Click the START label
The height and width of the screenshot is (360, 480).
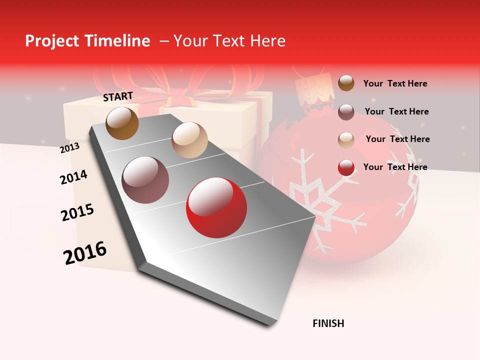118,96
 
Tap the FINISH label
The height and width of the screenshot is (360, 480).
328,323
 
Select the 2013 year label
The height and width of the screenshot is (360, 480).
69,148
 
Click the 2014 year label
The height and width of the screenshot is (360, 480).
73,177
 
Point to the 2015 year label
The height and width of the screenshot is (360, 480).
77,212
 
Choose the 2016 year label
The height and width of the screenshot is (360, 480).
85,253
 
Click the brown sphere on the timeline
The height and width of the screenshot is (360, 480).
122,123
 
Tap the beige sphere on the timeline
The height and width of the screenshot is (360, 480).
189,140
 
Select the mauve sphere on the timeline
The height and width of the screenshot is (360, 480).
145,180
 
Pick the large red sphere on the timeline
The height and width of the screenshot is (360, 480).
216,208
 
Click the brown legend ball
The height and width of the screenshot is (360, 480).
346,83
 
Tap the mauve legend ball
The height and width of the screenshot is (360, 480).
346,112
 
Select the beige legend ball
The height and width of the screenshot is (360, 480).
346,140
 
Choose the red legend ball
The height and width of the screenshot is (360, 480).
346,168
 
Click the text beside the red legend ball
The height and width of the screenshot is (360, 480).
395,167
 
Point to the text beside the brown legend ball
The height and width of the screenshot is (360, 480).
395,83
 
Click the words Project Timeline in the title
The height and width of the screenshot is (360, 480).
87,41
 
